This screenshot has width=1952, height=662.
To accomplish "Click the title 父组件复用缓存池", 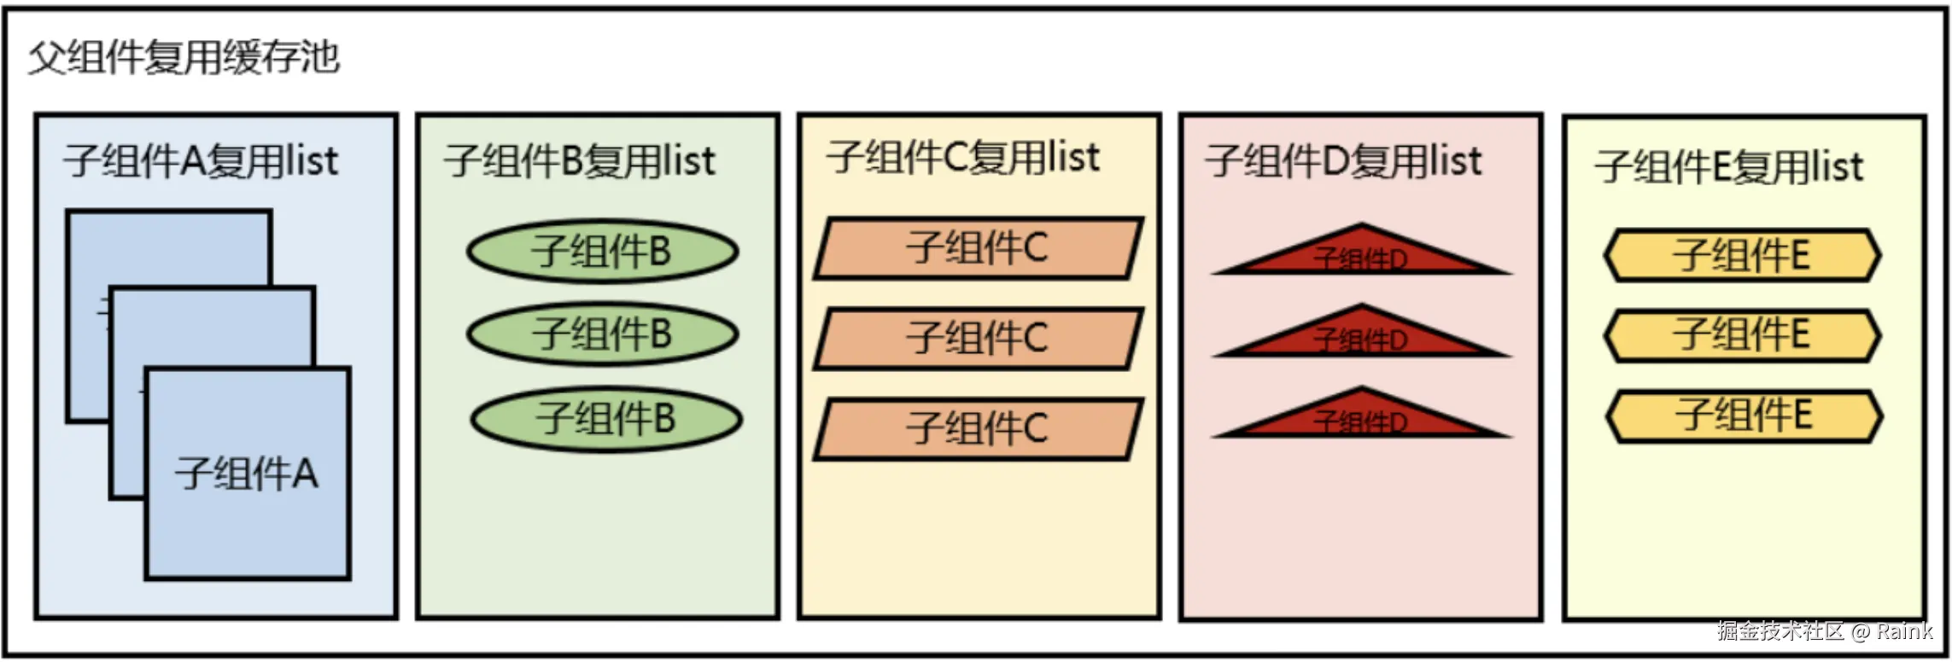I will [x=184, y=58].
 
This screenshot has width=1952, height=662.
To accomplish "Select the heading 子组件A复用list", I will [x=201, y=161].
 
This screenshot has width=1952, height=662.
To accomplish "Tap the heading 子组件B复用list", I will [x=580, y=161].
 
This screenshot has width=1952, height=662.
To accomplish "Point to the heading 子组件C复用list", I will [x=963, y=158].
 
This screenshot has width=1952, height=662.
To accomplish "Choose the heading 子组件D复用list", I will [x=1344, y=161].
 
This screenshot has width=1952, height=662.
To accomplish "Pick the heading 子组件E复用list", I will [x=1729, y=166].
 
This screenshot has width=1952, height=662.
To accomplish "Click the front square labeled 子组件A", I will [x=248, y=474].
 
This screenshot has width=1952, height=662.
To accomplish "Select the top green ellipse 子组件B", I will [x=602, y=252].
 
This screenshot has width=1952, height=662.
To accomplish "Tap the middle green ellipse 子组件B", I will [x=602, y=334].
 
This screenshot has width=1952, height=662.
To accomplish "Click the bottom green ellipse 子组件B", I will [x=606, y=419].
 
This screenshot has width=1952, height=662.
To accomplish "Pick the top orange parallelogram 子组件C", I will [x=978, y=248].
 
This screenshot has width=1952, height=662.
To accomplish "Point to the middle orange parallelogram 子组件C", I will [x=978, y=339].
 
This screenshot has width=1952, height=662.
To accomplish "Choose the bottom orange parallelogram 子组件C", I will [x=978, y=428].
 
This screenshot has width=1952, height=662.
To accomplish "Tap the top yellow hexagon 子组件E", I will [x=1742, y=255].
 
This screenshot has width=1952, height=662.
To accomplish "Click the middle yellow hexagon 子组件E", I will [x=1742, y=334].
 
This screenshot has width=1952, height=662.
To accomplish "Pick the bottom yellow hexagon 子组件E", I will [x=1744, y=415].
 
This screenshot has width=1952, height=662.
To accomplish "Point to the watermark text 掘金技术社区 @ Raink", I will [x=1825, y=631].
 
